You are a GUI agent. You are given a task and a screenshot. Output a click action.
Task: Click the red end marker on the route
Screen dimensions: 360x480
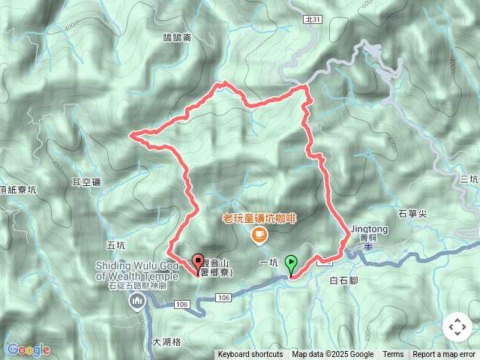click(x=198, y=264)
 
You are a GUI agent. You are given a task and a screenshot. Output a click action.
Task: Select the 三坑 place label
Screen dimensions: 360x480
click(x=469, y=178)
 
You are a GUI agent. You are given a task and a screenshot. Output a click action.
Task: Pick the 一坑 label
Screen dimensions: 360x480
click(x=268, y=262)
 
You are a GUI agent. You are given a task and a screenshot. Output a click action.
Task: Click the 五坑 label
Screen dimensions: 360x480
click(x=116, y=244)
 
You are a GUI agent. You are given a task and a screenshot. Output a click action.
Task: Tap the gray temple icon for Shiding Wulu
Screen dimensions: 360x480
click(x=136, y=301)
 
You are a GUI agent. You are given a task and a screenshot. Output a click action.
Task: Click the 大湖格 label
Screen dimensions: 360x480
click(x=166, y=342)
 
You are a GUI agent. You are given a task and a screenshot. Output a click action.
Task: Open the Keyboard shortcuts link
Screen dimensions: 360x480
click(x=250, y=355)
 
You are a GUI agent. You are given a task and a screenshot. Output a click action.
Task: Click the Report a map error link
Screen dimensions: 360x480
click(x=445, y=355)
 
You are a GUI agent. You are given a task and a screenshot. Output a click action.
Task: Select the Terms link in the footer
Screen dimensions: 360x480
click(x=393, y=355)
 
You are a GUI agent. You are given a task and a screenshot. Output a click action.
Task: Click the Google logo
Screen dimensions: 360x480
click(x=28, y=349)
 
